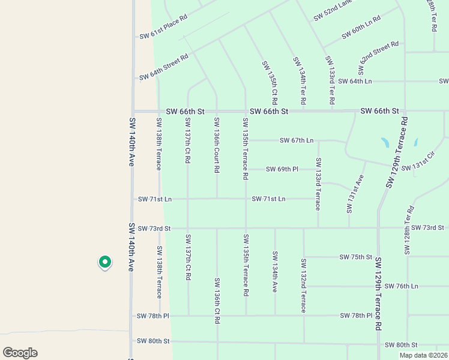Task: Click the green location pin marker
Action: point(104,262)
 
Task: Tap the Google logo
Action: point(20,353)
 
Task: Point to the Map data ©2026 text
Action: point(422,355)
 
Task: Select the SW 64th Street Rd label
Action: point(164,67)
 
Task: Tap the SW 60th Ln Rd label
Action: point(361,28)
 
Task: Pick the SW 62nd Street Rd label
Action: point(379,53)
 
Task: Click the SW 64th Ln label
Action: point(355,81)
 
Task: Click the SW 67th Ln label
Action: point(297,140)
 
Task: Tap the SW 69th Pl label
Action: point(282,169)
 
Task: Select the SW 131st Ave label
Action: point(355,194)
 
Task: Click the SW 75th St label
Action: point(356,257)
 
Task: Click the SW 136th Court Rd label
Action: point(217,145)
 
